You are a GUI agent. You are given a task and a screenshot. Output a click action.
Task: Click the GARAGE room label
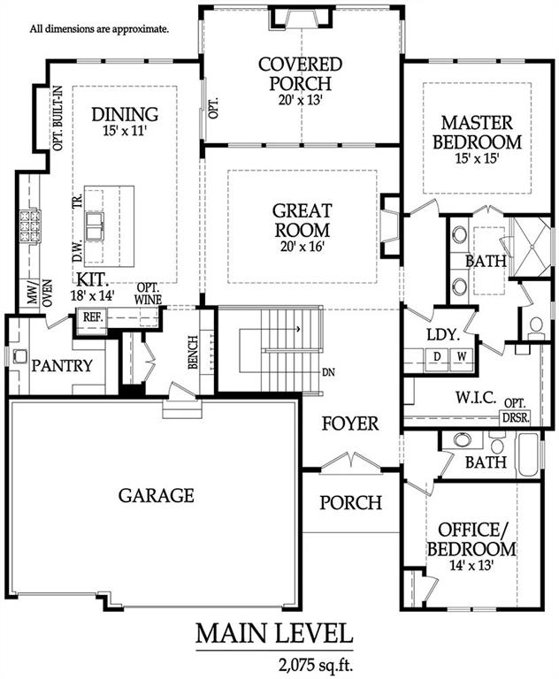click(x=156, y=495)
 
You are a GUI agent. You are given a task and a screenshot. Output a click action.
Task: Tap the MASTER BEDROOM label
click(x=477, y=133)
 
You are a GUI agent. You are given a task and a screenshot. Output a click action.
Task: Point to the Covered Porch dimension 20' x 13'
click(x=301, y=100)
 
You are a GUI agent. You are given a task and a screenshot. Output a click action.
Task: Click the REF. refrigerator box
click(x=93, y=317)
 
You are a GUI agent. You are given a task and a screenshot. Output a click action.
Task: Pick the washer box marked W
click(x=462, y=357)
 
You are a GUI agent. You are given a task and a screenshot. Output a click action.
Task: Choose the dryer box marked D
click(x=437, y=357)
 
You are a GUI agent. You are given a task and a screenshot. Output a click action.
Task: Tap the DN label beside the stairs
click(x=328, y=372)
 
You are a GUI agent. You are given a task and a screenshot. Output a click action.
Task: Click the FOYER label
click(x=350, y=423)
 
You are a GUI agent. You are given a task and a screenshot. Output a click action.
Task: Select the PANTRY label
click(x=62, y=366)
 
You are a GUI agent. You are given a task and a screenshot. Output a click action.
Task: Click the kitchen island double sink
click(x=95, y=226)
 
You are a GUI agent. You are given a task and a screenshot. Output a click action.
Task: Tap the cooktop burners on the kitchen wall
click(x=29, y=225)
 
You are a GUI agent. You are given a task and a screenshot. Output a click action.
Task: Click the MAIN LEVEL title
click(x=274, y=634)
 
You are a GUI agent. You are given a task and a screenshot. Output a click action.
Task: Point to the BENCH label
click(x=193, y=353)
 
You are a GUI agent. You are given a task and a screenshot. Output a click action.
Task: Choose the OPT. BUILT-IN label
click(x=57, y=118)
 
